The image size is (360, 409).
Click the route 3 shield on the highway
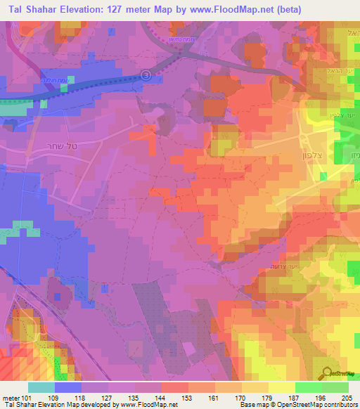(146, 74)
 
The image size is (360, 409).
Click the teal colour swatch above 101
(41, 387)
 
